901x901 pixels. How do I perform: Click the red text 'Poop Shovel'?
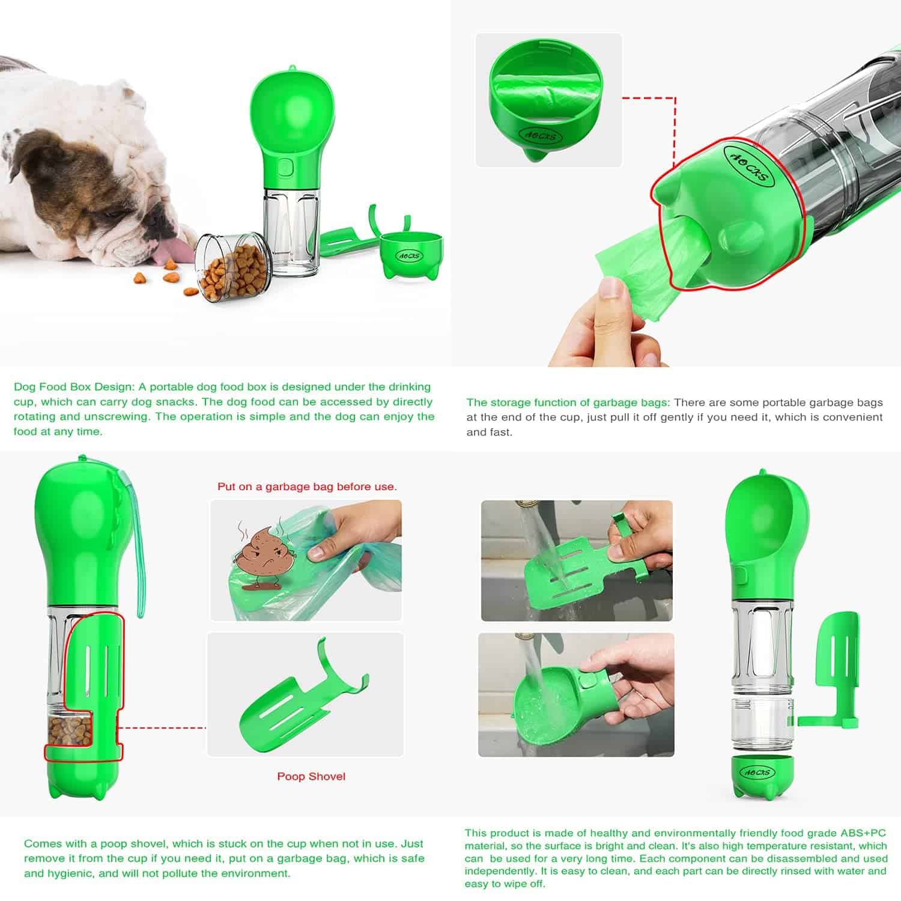click(x=311, y=776)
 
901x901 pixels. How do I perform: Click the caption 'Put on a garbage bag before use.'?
click(x=307, y=487)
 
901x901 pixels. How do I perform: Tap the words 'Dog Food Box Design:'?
click(x=74, y=387)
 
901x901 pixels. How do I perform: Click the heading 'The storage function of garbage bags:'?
click(x=568, y=402)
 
